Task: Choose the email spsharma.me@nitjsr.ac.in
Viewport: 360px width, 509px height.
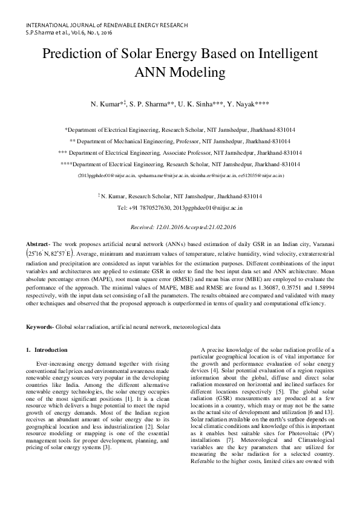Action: point(165,175)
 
